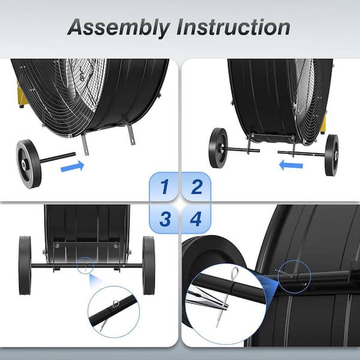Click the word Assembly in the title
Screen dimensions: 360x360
(x=119, y=28)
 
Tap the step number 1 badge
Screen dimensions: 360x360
(x=164, y=187)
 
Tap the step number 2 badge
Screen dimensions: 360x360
(x=196, y=187)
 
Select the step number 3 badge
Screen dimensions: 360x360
(x=164, y=219)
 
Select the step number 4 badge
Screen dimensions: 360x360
(x=196, y=219)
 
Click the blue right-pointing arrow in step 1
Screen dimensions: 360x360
(x=73, y=166)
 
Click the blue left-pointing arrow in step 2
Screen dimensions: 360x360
(x=291, y=166)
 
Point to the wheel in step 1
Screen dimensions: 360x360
(x=29, y=164)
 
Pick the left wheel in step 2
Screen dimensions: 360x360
(x=218, y=148)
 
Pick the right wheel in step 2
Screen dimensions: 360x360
(x=332, y=155)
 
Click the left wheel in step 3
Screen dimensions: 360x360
(x=25, y=265)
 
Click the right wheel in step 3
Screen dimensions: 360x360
(x=149, y=265)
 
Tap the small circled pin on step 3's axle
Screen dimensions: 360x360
(x=85, y=266)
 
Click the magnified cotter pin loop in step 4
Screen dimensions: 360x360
(x=235, y=273)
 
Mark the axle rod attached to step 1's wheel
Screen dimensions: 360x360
(x=58, y=158)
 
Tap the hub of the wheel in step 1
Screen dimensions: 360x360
(x=23, y=164)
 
